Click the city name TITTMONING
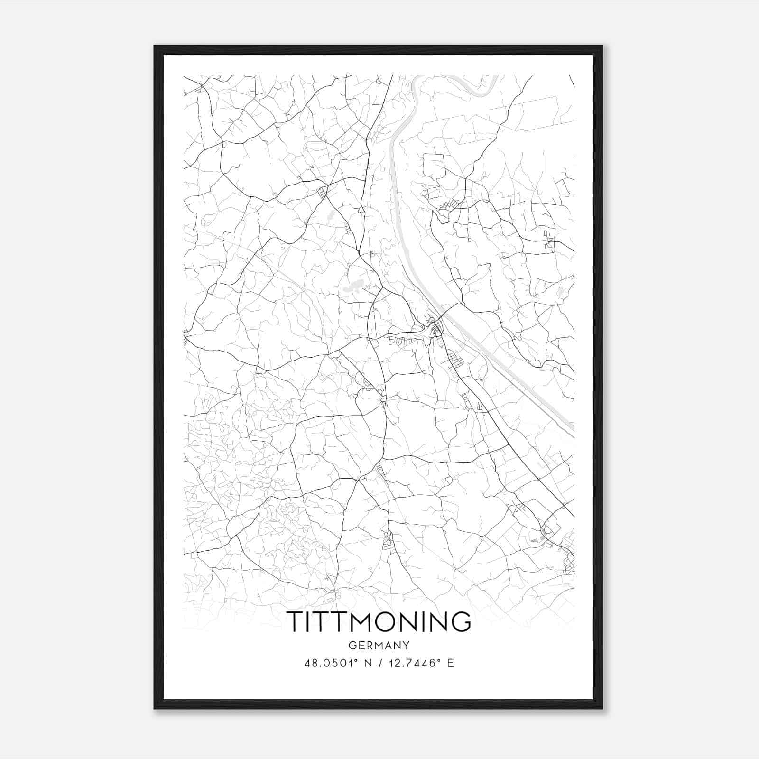(x=379, y=621)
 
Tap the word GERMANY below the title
(x=379, y=646)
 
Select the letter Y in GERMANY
(x=406, y=646)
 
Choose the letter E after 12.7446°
(x=450, y=663)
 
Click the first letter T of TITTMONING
(x=296, y=621)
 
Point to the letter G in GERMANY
(x=352, y=646)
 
